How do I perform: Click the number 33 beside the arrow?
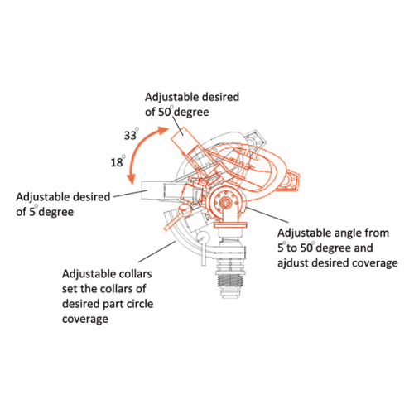point(130,134)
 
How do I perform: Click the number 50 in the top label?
point(166,112)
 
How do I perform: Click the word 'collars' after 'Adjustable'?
point(135,274)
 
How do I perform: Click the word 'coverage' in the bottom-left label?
point(87,319)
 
